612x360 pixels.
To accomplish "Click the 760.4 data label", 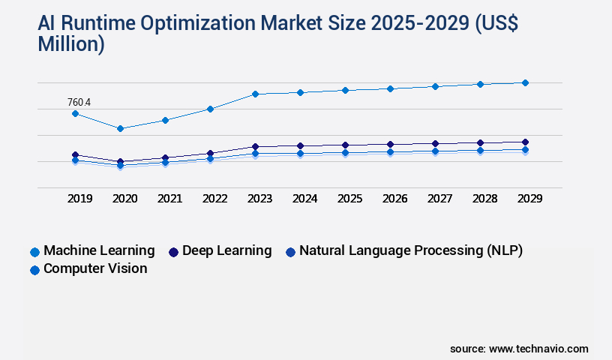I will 79,102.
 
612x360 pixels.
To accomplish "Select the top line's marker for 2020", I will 120,128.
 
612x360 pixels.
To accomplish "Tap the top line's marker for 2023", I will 255,94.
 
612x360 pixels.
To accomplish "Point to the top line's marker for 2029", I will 525,82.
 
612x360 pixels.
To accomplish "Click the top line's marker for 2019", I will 75,113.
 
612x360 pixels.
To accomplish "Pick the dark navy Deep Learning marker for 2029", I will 525,142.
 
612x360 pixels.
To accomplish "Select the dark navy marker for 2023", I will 255,146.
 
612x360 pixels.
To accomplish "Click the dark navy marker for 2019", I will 75,154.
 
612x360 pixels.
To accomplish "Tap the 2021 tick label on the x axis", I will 169,199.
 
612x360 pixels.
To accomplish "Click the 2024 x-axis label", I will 304,199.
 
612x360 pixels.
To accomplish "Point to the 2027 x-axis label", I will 439,199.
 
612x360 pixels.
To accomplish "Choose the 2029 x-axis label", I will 529,199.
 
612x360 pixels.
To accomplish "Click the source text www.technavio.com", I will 538,349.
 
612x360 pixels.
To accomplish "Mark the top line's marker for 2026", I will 390,88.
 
